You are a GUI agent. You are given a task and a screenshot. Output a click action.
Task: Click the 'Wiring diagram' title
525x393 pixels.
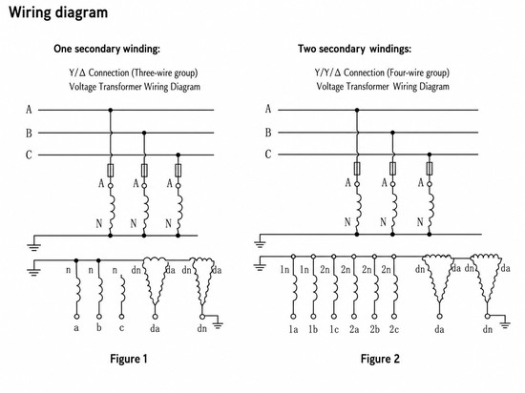[x=58, y=12]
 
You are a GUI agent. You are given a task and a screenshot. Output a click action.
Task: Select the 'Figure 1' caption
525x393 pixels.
[x=129, y=359]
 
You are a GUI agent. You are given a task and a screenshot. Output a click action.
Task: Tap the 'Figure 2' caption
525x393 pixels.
[x=380, y=359]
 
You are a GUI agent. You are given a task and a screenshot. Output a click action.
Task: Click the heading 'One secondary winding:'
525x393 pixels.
[x=107, y=49]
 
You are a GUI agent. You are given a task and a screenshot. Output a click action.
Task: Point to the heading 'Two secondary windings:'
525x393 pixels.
[x=354, y=49]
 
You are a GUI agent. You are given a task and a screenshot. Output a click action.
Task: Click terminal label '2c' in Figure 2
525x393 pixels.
[x=394, y=329]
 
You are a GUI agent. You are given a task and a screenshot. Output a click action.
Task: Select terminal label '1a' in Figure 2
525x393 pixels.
[x=293, y=329]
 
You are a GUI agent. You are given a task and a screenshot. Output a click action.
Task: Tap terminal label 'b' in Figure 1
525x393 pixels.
[x=98, y=327]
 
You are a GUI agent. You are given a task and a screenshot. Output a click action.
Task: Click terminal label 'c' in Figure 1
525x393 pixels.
[x=121, y=328]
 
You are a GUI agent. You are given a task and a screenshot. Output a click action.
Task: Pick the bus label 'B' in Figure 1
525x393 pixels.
[x=30, y=134]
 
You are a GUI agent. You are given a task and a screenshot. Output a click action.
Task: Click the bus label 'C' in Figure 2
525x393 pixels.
[x=268, y=155]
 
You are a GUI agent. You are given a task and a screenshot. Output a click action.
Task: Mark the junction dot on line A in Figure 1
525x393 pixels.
[x=111, y=110]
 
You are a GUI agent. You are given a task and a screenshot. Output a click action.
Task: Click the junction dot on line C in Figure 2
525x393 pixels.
[x=430, y=155]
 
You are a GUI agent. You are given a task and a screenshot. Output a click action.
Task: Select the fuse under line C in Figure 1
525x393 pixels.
[x=178, y=170]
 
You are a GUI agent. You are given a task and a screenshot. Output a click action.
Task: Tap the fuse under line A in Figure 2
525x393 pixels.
[x=357, y=169]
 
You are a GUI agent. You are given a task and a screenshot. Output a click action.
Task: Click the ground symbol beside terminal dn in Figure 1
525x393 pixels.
[x=218, y=324]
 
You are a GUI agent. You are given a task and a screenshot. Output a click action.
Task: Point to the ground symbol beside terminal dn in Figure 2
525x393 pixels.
[x=505, y=324]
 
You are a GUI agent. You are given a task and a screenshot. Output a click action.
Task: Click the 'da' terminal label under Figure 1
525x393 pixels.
[x=155, y=329]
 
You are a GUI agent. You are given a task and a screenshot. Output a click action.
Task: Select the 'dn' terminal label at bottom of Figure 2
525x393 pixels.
[x=488, y=329]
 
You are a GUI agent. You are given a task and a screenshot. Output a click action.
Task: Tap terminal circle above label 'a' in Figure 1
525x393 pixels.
[x=76, y=317]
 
